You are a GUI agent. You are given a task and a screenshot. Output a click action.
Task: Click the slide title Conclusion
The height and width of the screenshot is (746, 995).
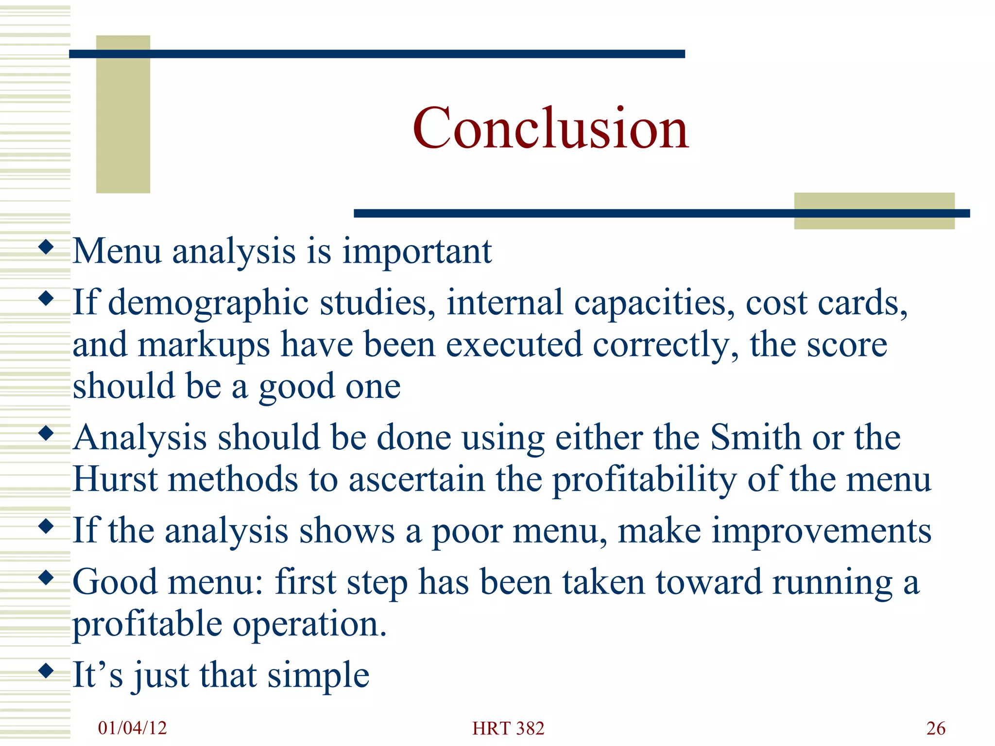pos(550,128)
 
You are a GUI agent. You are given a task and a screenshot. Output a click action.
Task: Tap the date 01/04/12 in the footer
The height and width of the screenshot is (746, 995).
pos(132,728)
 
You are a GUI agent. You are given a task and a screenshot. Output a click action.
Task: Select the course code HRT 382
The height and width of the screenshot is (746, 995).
pos(508,729)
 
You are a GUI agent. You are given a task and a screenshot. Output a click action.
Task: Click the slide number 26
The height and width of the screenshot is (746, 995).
pos(936,729)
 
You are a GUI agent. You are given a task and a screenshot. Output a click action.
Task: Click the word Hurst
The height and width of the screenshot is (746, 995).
pos(115,480)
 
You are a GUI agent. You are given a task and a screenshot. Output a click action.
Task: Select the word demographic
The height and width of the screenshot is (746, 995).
pos(208,303)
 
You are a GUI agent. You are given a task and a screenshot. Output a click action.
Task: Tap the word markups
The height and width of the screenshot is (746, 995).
pos(204,345)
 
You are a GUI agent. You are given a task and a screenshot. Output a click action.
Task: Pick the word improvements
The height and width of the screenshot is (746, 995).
pos(822,531)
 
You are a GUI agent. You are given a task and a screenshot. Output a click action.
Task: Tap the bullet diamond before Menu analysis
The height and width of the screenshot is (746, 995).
pos(46,247)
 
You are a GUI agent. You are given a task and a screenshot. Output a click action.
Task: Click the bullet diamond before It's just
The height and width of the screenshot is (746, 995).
pos(46,671)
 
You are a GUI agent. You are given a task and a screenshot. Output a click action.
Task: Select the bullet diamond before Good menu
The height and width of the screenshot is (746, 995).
pos(46,577)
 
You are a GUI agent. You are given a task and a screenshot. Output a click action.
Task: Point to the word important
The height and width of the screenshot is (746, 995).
pos(417,252)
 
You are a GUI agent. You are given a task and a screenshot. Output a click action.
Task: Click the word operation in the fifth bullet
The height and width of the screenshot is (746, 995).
pos(310,624)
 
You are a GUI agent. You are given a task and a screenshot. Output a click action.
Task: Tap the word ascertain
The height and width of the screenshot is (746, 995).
pos(417,480)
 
